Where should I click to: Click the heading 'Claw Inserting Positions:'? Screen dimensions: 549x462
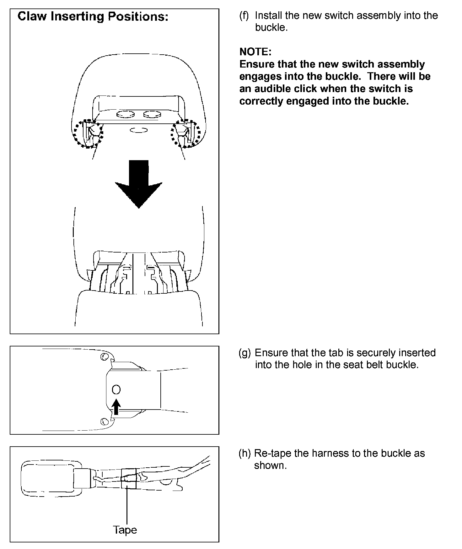pos(93,16)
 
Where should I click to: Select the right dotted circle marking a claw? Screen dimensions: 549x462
pos(185,133)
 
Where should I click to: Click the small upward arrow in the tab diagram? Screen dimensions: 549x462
pos(116,407)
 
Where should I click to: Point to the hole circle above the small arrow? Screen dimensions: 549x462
pos(116,390)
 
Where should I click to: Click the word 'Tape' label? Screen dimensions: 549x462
pos(125,530)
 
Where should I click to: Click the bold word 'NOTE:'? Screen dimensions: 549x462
pos(255,52)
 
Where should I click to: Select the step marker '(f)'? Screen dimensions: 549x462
pos(244,15)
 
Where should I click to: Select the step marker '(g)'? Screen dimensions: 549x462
pos(244,353)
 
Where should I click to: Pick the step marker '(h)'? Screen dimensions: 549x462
pos(244,453)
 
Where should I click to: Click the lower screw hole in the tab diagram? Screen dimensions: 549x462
pos(104,421)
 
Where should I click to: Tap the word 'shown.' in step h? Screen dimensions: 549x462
pos(271,465)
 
